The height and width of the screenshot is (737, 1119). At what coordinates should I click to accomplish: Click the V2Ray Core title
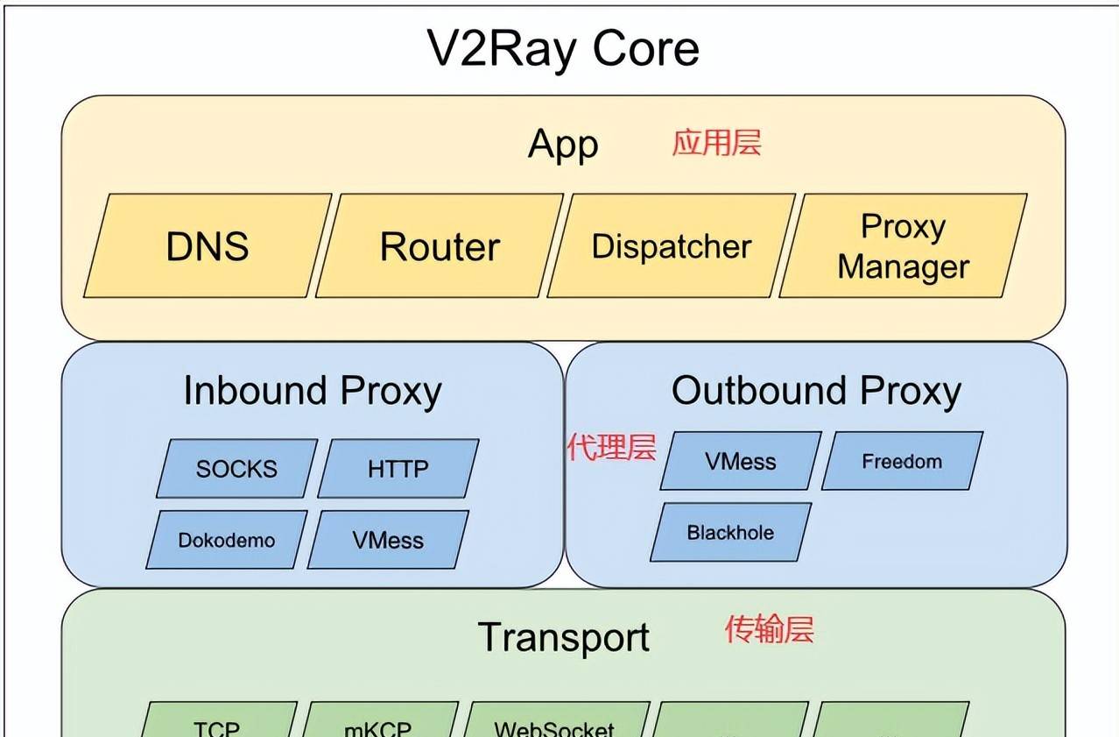(563, 48)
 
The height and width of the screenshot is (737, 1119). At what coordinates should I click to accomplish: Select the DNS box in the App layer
(208, 246)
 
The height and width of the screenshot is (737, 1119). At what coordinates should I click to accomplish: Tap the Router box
(440, 246)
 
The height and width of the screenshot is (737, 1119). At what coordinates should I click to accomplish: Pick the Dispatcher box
(672, 246)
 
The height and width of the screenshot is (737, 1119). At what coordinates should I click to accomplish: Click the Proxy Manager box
(903, 246)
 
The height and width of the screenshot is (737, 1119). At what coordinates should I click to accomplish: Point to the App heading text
(563, 145)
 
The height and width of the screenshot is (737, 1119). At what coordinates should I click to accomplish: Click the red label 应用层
(716, 142)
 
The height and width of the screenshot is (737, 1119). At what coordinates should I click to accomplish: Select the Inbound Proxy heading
(312, 391)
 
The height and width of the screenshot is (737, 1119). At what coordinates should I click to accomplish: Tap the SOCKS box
(236, 469)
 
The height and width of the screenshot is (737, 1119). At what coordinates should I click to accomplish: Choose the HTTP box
(398, 469)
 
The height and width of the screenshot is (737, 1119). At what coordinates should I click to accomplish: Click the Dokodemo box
(227, 540)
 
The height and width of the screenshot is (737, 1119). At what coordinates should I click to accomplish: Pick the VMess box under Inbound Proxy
(388, 540)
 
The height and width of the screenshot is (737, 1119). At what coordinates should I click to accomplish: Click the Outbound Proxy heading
(816, 391)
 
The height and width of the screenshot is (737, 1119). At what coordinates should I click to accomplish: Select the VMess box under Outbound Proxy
(741, 461)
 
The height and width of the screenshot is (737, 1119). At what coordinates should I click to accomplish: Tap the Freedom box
(902, 461)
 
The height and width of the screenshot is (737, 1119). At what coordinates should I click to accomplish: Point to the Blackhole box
(730, 532)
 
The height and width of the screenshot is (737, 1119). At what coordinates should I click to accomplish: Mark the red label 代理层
(611, 448)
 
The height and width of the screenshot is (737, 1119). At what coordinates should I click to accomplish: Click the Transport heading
(564, 637)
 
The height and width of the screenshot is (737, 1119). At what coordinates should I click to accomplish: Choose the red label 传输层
(769, 629)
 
